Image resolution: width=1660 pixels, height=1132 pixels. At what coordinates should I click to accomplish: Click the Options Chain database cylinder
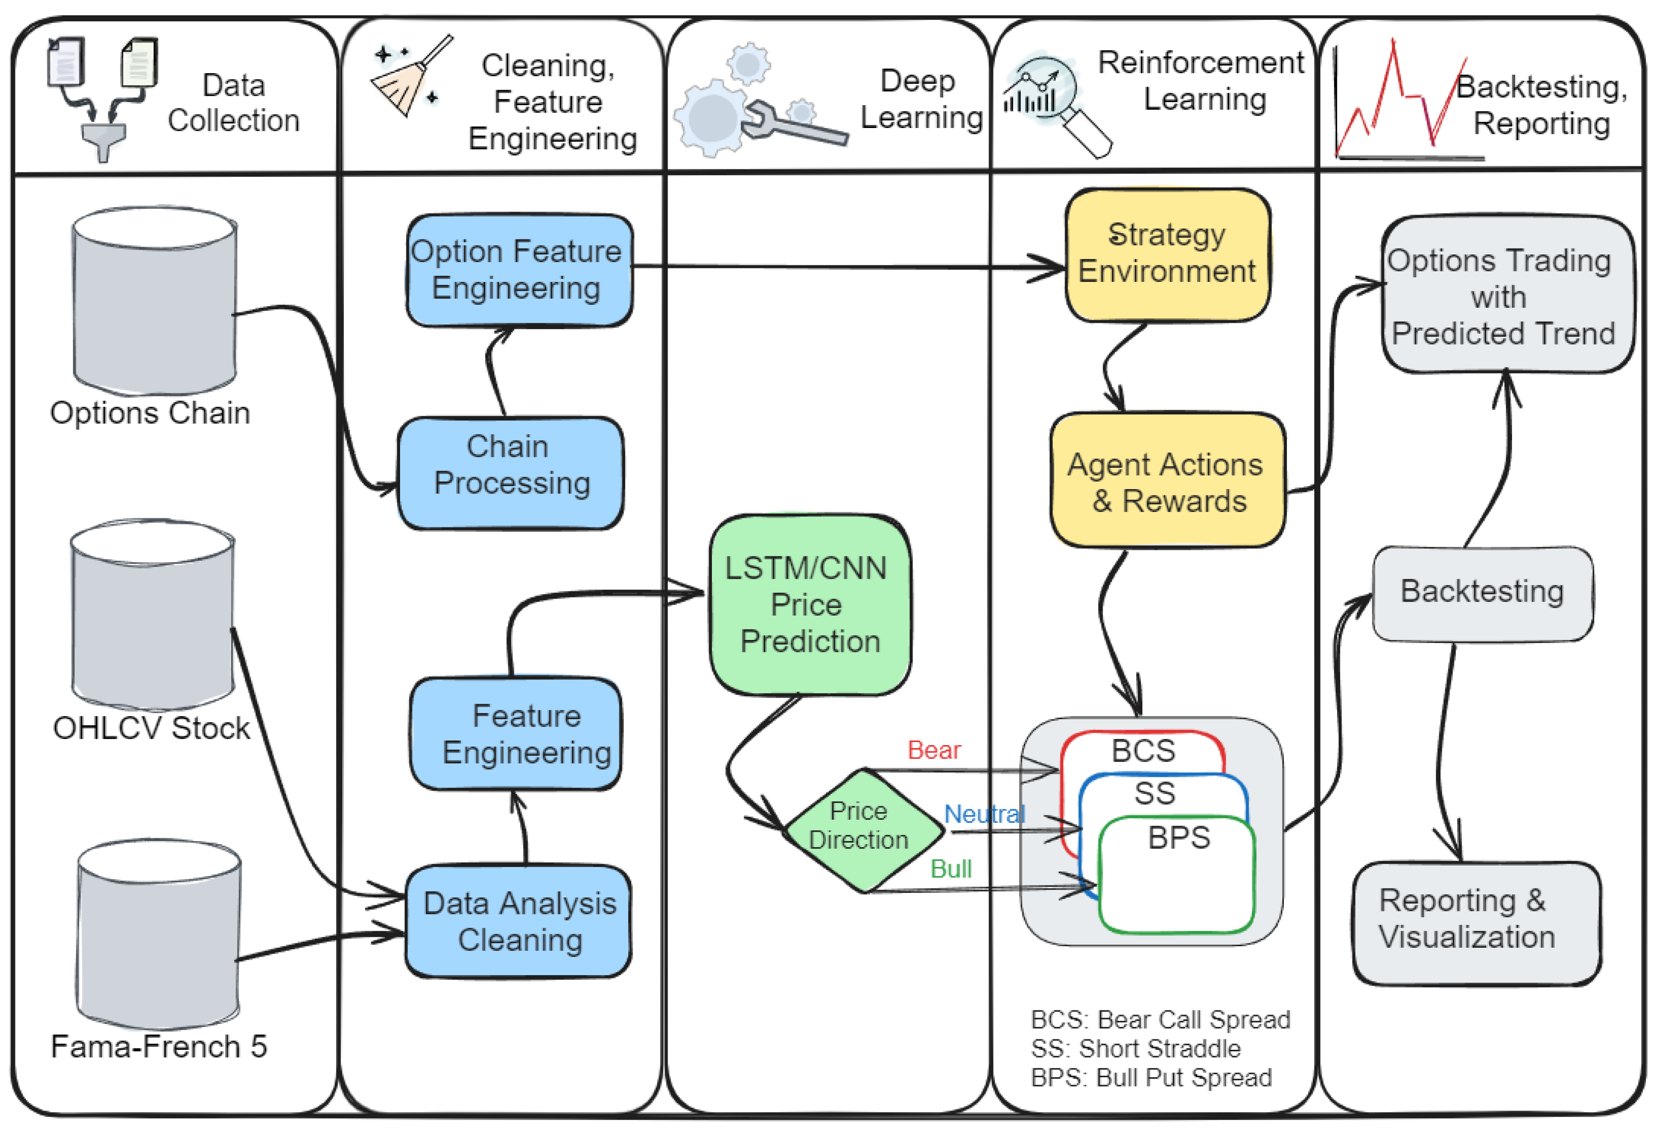154,300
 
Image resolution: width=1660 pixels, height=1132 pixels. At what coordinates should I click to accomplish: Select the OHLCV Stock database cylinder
152,616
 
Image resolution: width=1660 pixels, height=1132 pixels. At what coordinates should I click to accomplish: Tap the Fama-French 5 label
158,1047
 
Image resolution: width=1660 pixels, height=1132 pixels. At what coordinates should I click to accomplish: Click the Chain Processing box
511,473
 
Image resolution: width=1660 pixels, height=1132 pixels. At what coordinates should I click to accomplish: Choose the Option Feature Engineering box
519,270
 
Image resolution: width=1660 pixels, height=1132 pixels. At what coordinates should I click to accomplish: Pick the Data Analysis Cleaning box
519,921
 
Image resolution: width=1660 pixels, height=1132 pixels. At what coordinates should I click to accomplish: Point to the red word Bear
934,751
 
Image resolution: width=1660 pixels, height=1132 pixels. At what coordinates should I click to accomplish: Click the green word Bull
951,869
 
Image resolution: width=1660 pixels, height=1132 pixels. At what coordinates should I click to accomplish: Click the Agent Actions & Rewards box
1167,482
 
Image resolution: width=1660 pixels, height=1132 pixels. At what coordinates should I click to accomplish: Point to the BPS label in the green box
1179,838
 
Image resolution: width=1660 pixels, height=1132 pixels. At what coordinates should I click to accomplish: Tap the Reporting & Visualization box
1476,923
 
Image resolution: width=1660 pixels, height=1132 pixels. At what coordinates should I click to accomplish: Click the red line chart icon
1400,100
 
